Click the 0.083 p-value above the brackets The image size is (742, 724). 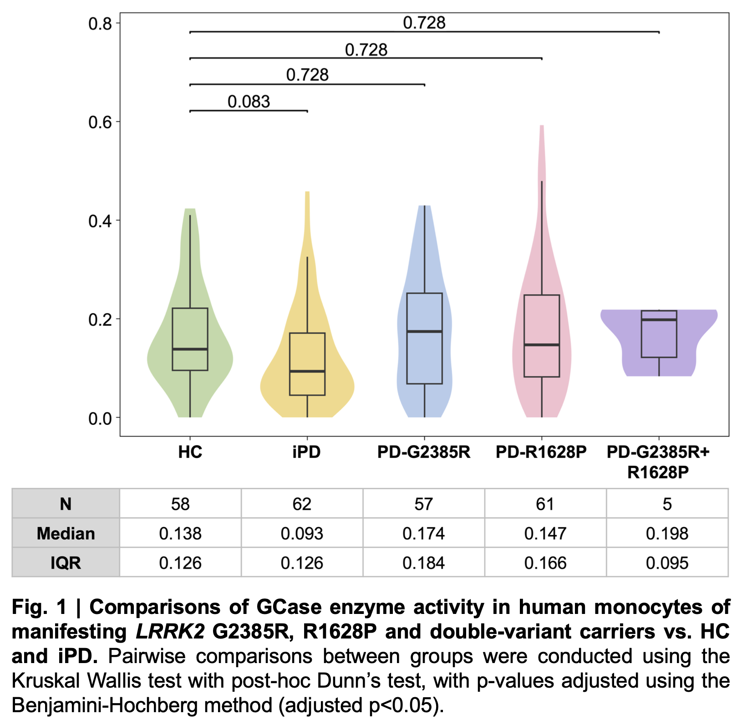(249, 101)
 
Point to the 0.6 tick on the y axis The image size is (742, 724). (100, 122)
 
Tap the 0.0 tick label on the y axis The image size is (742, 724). (100, 418)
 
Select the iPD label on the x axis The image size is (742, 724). (306, 452)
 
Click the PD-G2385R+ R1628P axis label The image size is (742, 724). (658, 462)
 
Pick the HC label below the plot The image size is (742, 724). (190, 452)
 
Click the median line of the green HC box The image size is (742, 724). (190, 349)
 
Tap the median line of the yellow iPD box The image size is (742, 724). (307, 371)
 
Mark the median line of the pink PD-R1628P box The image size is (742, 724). (542, 345)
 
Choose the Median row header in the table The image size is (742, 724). (66, 533)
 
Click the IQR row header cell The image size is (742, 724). (66, 563)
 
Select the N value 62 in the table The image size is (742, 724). (302, 504)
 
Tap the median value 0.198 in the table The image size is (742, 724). (667, 533)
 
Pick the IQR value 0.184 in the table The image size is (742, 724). (423, 563)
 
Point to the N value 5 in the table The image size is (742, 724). (667, 504)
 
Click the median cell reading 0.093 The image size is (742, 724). (302, 533)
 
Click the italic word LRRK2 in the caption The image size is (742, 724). (170, 632)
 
